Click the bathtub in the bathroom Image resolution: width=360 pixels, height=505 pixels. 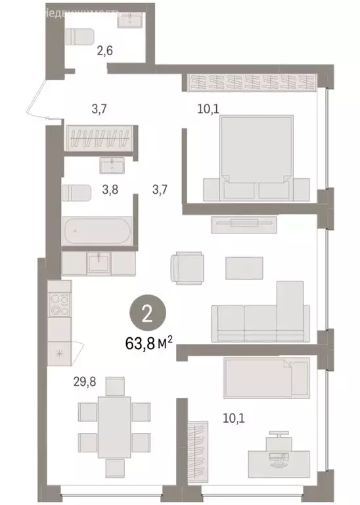coord(97,231)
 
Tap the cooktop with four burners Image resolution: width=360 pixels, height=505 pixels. coord(60,304)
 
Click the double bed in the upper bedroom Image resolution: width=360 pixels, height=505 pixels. coord(256,158)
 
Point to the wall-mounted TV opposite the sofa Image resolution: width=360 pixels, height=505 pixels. coord(242,224)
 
